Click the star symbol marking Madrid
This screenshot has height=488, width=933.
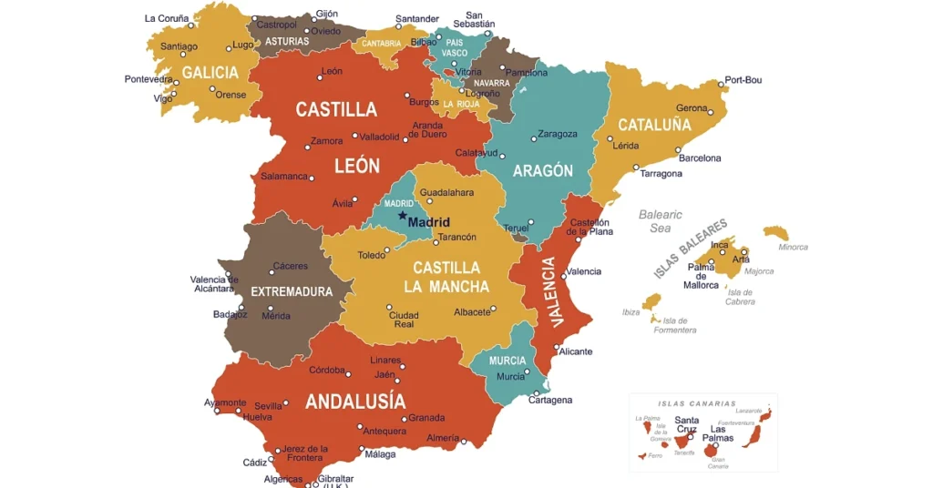(x=402, y=217)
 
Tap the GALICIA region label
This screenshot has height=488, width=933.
(x=210, y=73)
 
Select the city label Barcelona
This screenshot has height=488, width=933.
(x=700, y=158)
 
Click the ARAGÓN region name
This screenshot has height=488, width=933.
(x=543, y=171)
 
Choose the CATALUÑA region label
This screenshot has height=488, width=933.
(x=654, y=125)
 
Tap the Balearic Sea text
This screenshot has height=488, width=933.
(x=661, y=221)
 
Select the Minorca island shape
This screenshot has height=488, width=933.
(x=776, y=233)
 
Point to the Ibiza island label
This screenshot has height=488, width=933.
(x=631, y=312)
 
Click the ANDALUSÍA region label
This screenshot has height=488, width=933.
(x=355, y=402)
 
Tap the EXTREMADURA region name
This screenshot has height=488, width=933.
(x=292, y=291)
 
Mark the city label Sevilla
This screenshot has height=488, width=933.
(x=269, y=406)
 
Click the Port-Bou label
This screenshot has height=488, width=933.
(x=743, y=80)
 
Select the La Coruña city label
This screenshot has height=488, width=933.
(x=167, y=18)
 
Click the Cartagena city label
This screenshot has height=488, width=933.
(x=551, y=401)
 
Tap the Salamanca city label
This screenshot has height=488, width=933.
(x=283, y=177)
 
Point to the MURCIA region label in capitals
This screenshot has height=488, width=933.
(x=508, y=361)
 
